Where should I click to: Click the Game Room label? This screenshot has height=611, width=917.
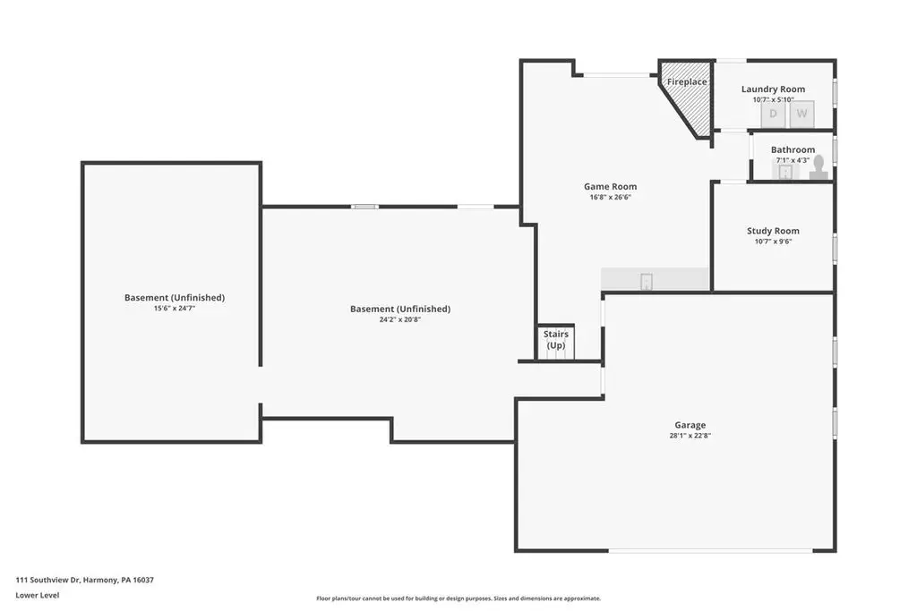pos(610,186)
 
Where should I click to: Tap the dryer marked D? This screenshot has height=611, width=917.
pos(773,114)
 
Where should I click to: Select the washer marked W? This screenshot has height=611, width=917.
pos(801,114)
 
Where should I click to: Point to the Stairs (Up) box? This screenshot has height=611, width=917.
pos(555,342)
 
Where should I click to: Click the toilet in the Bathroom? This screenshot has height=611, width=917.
pos(818,167)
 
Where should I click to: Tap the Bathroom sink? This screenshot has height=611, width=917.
pos(785,172)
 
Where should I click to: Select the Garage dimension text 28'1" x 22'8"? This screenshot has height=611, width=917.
pos(690,435)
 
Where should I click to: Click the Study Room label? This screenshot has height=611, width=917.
pos(773,231)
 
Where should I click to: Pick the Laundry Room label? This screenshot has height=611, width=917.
pos(773,89)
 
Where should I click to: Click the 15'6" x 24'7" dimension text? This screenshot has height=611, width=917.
pos(175,308)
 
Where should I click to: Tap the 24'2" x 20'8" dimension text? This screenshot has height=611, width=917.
pos(400,319)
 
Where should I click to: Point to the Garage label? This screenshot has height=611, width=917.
pos(690,425)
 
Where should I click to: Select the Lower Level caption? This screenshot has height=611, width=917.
pos(38,595)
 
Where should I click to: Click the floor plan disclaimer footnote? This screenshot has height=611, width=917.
pos(458,598)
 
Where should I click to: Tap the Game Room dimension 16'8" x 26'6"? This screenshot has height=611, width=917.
pos(610,197)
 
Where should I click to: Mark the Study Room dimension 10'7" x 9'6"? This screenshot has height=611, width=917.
pos(773,242)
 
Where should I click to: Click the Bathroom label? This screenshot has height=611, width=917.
pos(793,149)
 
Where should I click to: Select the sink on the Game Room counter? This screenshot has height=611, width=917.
pos(647,282)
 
